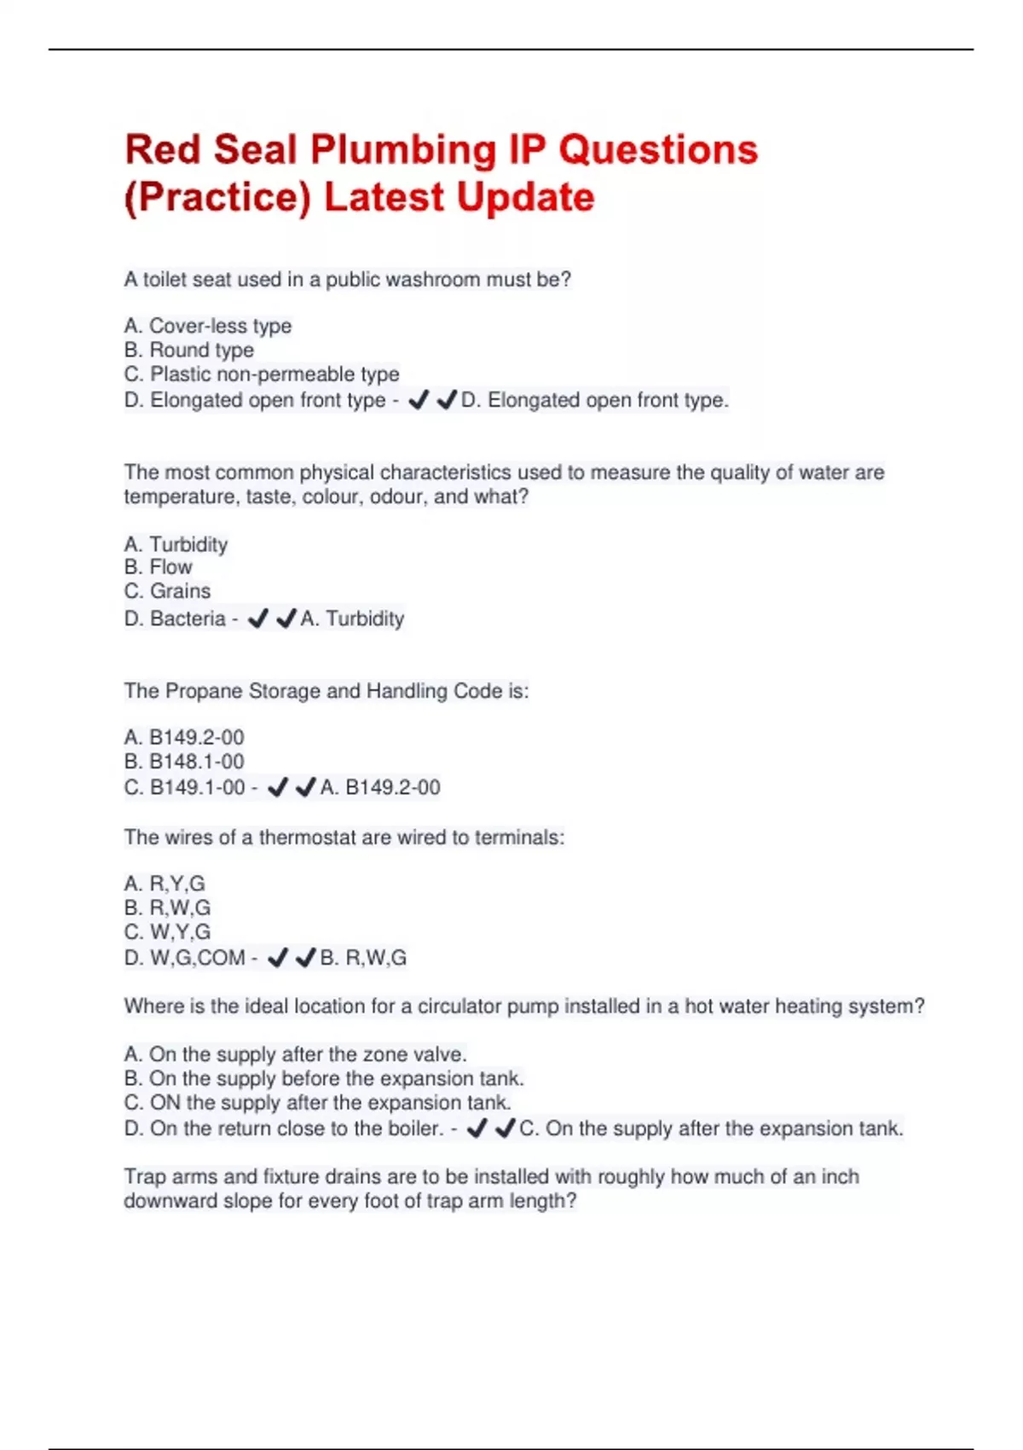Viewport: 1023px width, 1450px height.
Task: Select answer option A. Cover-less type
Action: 208,326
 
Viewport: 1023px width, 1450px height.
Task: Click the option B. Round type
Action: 188,350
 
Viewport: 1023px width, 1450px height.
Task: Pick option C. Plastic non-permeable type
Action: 262,374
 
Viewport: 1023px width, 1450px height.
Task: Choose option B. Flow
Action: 159,567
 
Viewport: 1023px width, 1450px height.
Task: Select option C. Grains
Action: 167,591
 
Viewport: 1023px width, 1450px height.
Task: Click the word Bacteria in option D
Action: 188,618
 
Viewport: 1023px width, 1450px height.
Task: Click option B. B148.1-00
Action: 184,761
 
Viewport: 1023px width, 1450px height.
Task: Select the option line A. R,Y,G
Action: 165,884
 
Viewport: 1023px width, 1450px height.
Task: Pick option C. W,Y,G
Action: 167,931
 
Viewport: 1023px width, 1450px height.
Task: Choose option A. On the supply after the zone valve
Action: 295,1054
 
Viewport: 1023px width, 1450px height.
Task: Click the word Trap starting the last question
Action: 145,1177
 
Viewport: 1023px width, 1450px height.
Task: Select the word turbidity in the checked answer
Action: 365,618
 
